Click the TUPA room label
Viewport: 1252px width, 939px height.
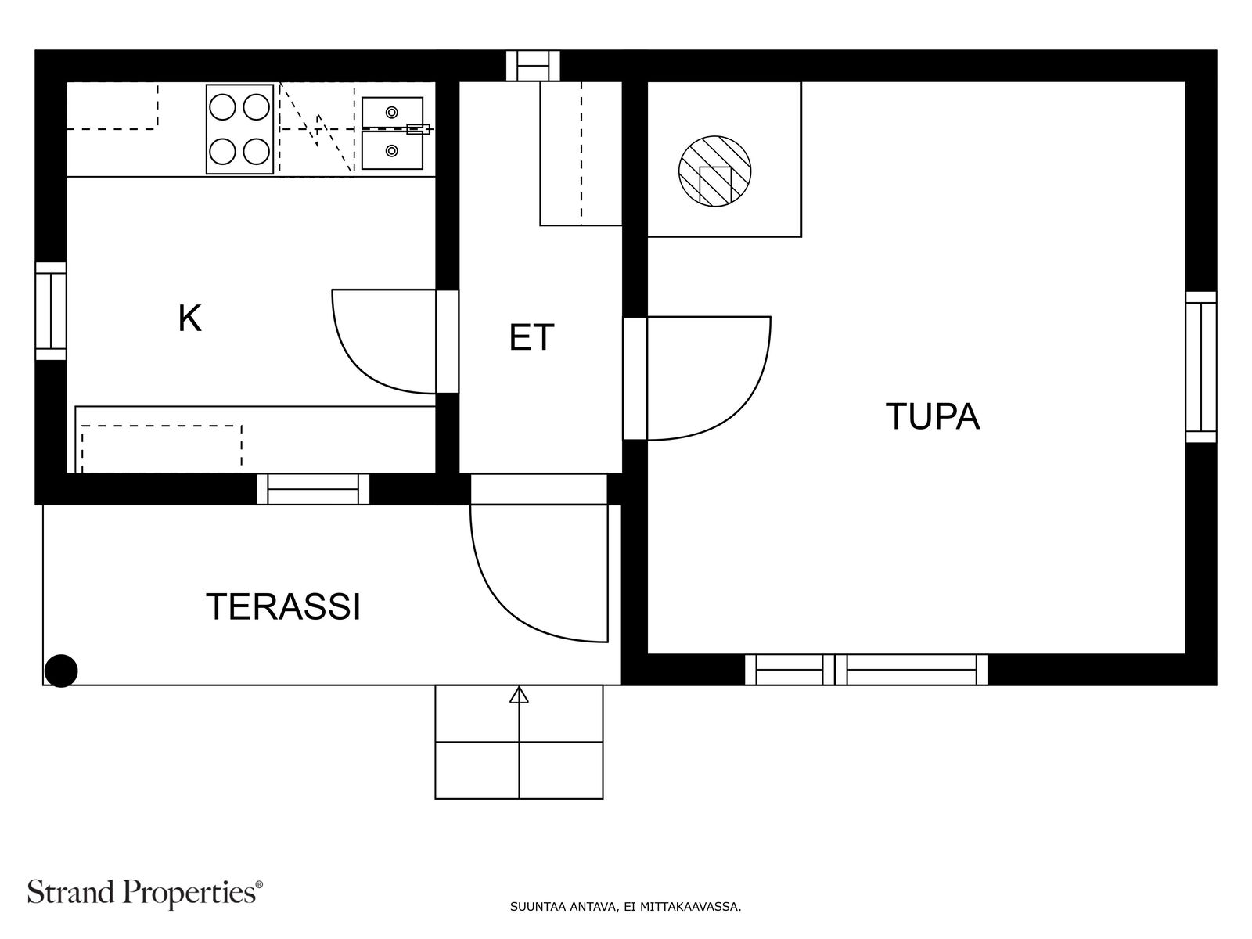coord(932,416)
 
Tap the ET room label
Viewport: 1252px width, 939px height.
coord(531,337)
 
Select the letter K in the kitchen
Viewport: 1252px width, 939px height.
coord(189,318)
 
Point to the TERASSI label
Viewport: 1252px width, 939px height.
coord(283,606)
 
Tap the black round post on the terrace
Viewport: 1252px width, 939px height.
coord(61,671)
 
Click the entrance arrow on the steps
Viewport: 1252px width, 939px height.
coord(519,696)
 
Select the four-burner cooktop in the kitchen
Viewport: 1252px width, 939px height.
coord(239,129)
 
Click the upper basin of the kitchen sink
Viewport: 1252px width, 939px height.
coord(392,111)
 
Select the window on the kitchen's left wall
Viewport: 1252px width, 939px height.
coord(51,311)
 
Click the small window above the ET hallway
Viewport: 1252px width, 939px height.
coord(533,66)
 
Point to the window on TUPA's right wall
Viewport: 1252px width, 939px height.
coord(1200,367)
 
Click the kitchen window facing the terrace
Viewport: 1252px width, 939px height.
coord(313,489)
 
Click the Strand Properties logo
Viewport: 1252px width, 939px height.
coord(145,892)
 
